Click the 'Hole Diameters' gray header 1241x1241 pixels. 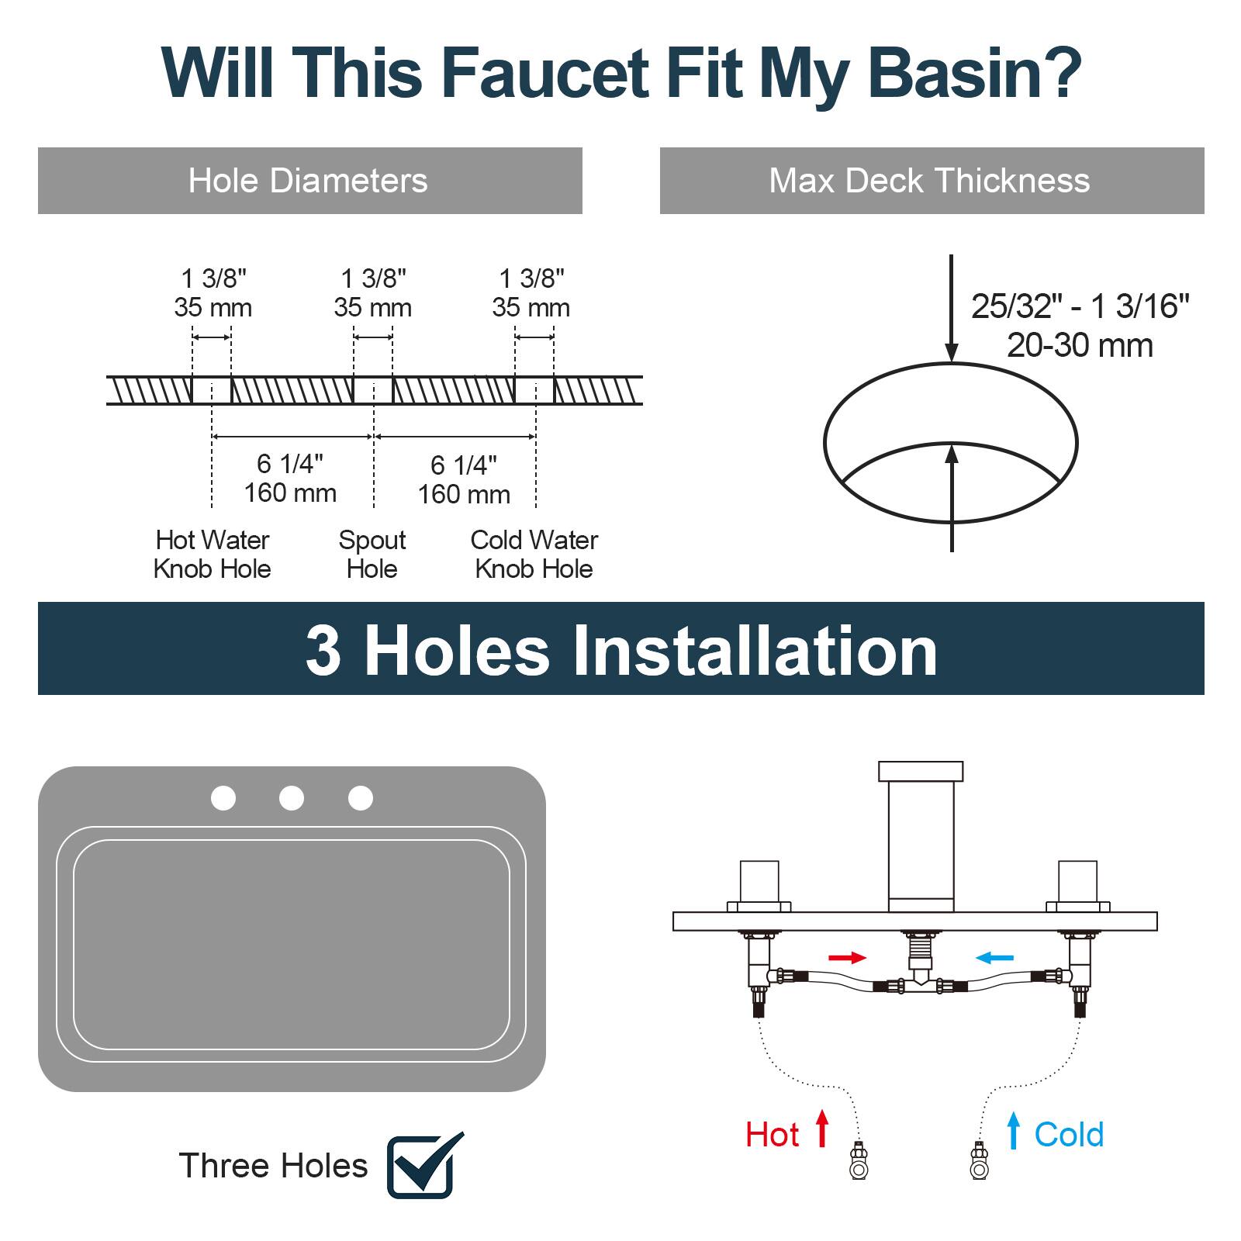tap(309, 181)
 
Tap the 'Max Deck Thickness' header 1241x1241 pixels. tap(930, 181)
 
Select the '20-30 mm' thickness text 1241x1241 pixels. tap(1079, 345)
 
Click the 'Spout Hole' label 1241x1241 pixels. tap(372, 554)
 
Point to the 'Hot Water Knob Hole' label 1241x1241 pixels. tap(212, 554)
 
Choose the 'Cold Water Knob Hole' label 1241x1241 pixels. tap(534, 554)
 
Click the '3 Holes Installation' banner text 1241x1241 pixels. tap(620, 650)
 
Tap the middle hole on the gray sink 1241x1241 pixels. tap(292, 798)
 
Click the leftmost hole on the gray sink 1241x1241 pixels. tap(223, 798)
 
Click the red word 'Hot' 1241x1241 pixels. tap(772, 1135)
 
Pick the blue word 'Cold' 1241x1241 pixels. tap(1069, 1135)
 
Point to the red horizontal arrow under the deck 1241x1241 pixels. tap(847, 958)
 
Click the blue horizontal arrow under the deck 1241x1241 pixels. tap(994, 958)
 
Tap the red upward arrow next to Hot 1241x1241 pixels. tap(822, 1129)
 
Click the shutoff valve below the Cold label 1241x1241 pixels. tap(980, 1161)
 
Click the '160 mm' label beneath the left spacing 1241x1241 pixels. tap(290, 493)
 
